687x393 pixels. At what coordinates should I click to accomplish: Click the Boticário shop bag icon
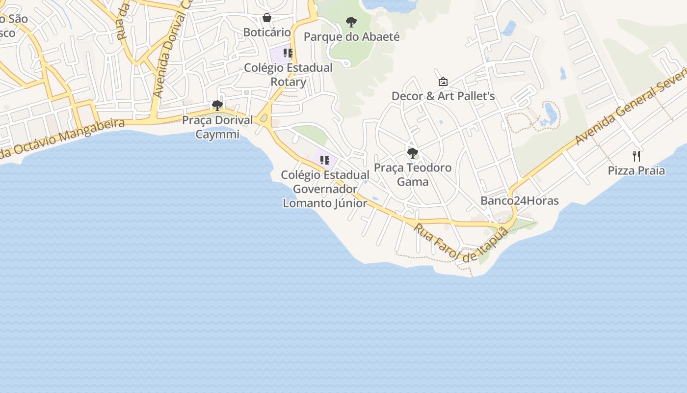[x=267, y=18]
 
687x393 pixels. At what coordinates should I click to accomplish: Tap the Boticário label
[x=267, y=32]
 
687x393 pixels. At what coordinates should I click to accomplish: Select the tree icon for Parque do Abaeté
[x=351, y=22]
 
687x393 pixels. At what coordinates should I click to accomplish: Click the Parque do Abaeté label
[x=351, y=37]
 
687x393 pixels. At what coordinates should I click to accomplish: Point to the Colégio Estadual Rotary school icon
[x=288, y=53]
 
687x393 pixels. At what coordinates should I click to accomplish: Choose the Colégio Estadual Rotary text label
[x=288, y=75]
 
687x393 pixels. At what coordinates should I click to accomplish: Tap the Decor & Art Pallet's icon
[x=443, y=82]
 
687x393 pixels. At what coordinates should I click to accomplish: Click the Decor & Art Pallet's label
[x=443, y=96]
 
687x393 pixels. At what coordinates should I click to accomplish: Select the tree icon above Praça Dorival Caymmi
[x=217, y=106]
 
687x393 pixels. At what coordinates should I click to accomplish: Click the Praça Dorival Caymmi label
[x=217, y=127]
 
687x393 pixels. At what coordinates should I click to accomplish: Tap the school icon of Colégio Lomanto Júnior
[x=324, y=160]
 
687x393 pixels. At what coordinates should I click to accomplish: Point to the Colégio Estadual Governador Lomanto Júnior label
[x=325, y=189]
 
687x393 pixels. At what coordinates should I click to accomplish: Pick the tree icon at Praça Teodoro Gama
[x=413, y=153]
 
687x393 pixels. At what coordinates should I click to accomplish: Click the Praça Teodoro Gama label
[x=413, y=175]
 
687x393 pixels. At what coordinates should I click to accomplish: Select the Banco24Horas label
[x=519, y=200]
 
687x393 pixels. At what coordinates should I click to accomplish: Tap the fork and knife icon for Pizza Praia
[x=636, y=156]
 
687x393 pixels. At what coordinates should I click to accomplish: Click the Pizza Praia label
[x=636, y=171]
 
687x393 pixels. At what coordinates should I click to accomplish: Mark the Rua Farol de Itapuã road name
[x=460, y=243]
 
